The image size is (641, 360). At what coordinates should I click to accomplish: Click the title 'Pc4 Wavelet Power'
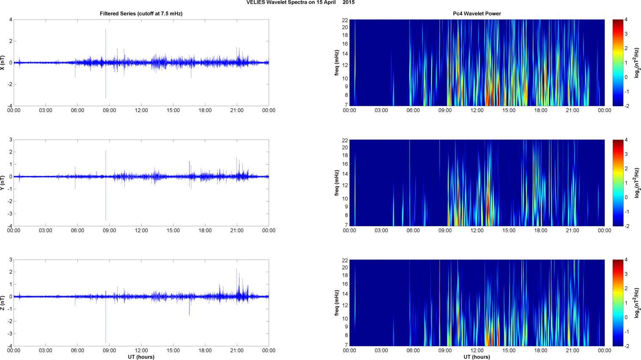click(477, 14)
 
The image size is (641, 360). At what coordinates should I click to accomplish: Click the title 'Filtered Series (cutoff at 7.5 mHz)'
click(141, 14)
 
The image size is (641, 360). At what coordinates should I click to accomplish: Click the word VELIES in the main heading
click(256, 3)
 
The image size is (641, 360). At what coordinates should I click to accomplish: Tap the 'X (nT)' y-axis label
click(3, 63)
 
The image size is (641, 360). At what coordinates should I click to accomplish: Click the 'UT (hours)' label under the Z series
click(141, 357)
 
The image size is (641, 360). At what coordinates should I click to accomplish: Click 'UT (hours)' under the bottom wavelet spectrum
click(477, 357)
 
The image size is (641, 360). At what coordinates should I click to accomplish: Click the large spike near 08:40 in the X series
click(106, 42)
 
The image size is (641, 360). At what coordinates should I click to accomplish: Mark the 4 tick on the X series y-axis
click(11, 19)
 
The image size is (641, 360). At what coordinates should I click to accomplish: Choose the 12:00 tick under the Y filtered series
click(141, 231)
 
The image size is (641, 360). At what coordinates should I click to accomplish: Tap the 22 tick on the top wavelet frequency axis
click(345, 20)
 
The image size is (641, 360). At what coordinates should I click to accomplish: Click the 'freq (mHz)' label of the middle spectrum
click(337, 183)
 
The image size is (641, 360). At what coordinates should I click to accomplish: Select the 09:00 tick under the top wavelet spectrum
click(445, 110)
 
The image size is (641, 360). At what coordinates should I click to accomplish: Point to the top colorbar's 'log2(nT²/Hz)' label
click(637, 63)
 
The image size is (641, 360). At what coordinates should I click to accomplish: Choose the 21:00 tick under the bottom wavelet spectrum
click(572, 350)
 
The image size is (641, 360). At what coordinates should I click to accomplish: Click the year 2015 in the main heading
click(349, 3)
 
